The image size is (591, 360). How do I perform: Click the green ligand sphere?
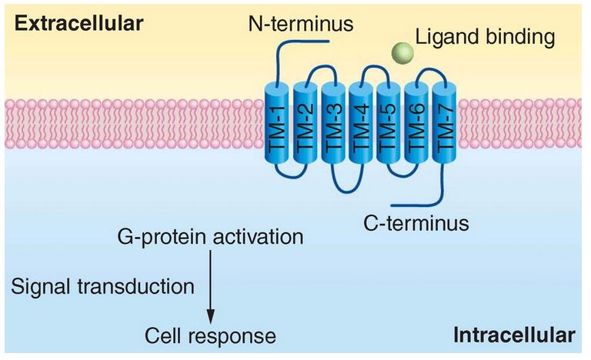click(402, 52)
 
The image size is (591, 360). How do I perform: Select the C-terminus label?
click(417, 224)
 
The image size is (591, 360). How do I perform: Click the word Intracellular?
click(514, 335)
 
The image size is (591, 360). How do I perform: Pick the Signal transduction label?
click(102, 287)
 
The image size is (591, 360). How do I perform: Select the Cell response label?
click(210, 336)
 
